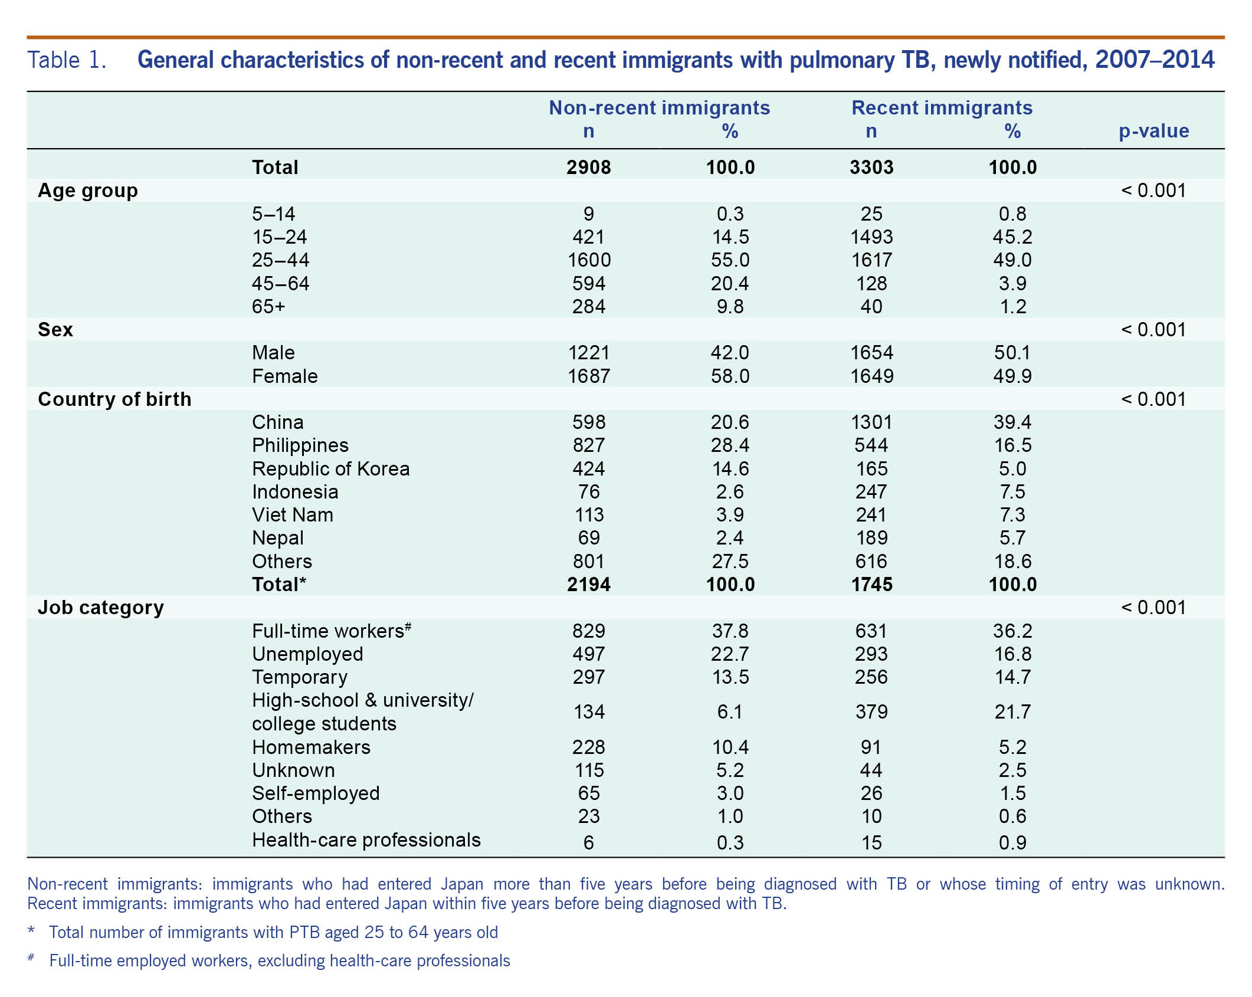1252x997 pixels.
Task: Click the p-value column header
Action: pos(1153,131)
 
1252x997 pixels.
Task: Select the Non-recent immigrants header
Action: pos(659,107)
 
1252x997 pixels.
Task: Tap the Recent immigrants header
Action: pos(942,107)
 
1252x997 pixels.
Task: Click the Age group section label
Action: pos(88,191)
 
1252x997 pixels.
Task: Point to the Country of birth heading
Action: pos(114,399)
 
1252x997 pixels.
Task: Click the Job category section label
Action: pos(101,608)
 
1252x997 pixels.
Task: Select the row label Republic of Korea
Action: pos(330,469)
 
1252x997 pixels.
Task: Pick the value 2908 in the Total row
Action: pos(588,168)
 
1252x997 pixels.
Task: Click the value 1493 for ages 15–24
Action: pos(871,237)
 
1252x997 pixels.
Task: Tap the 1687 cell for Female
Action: pos(588,376)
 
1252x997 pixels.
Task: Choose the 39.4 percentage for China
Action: pos(1012,422)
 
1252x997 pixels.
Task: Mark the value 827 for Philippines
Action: pos(588,445)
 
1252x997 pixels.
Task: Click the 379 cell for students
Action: pos(871,712)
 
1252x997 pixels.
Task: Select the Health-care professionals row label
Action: pos(366,840)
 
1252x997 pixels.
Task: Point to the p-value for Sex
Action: pos(1153,330)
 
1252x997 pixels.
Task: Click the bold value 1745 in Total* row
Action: pos(871,585)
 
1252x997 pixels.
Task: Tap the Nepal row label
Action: pos(277,539)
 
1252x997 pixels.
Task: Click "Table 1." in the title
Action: pos(67,60)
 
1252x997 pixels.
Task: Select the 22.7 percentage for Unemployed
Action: pos(730,654)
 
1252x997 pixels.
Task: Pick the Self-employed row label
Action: pos(316,794)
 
